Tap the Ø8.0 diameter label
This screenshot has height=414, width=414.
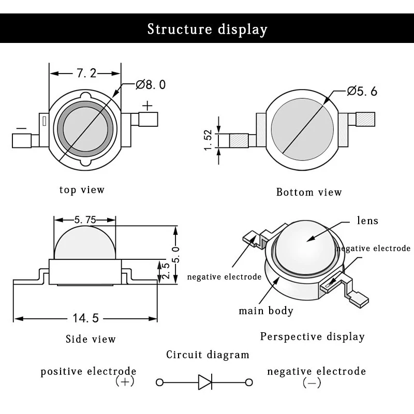tap(151, 85)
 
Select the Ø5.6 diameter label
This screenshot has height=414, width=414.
tap(362, 92)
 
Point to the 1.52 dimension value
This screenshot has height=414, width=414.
tap(209, 140)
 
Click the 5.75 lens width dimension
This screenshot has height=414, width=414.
tap(85, 219)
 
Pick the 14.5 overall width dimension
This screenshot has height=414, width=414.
tap(85, 318)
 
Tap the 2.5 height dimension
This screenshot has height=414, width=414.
tap(166, 271)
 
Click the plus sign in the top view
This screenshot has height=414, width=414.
tap(147, 106)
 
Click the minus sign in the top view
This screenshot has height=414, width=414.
tap(21, 128)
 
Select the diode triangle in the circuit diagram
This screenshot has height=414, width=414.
tap(205, 382)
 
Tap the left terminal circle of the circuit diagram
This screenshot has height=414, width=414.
tap(160, 382)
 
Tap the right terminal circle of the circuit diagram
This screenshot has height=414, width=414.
tap(249, 382)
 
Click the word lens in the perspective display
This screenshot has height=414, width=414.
tap(367, 220)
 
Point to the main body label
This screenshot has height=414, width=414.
tap(266, 311)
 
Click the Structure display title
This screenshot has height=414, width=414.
tap(208, 29)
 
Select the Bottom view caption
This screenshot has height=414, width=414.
tap(309, 192)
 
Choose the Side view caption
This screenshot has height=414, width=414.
tap(91, 339)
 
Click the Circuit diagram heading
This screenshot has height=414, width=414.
tap(208, 354)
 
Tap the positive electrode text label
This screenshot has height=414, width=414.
tap(88, 371)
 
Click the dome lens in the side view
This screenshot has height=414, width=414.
tap(85, 242)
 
